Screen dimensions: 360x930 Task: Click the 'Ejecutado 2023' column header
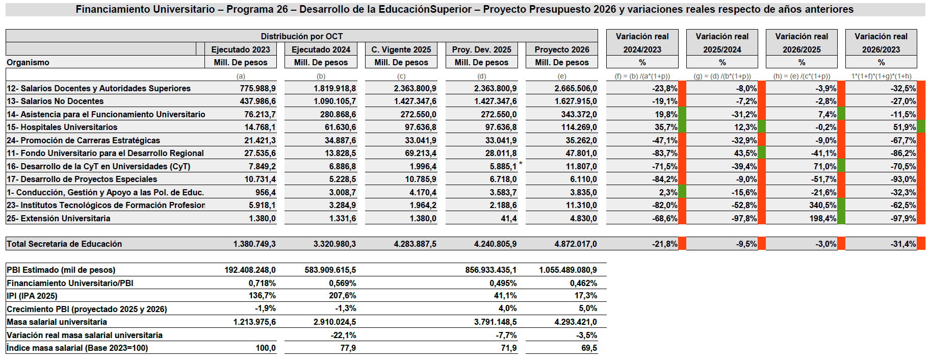pos(240,49)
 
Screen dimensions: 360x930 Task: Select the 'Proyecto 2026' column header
pos(561,49)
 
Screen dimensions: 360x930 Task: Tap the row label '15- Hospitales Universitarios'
pos(62,127)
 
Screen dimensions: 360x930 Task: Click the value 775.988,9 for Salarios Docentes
pos(257,88)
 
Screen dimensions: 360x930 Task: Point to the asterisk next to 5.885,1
pos(521,164)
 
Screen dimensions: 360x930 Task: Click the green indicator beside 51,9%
pos(921,127)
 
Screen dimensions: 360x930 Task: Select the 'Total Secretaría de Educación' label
pos(64,244)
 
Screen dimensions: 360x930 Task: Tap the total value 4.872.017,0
pos(576,244)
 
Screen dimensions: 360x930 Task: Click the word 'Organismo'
pos(28,62)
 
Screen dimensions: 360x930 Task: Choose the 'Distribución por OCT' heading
pos(302,36)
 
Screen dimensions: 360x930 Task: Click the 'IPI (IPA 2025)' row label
pos(32,296)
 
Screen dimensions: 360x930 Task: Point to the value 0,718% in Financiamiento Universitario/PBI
pos(262,283)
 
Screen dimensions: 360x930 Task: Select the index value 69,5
pos(589,348)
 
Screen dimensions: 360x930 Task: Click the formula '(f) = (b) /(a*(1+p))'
pos(642,76)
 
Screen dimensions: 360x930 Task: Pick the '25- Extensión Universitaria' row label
pos(58,218)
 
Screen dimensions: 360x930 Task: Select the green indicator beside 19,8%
pos(682,114)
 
